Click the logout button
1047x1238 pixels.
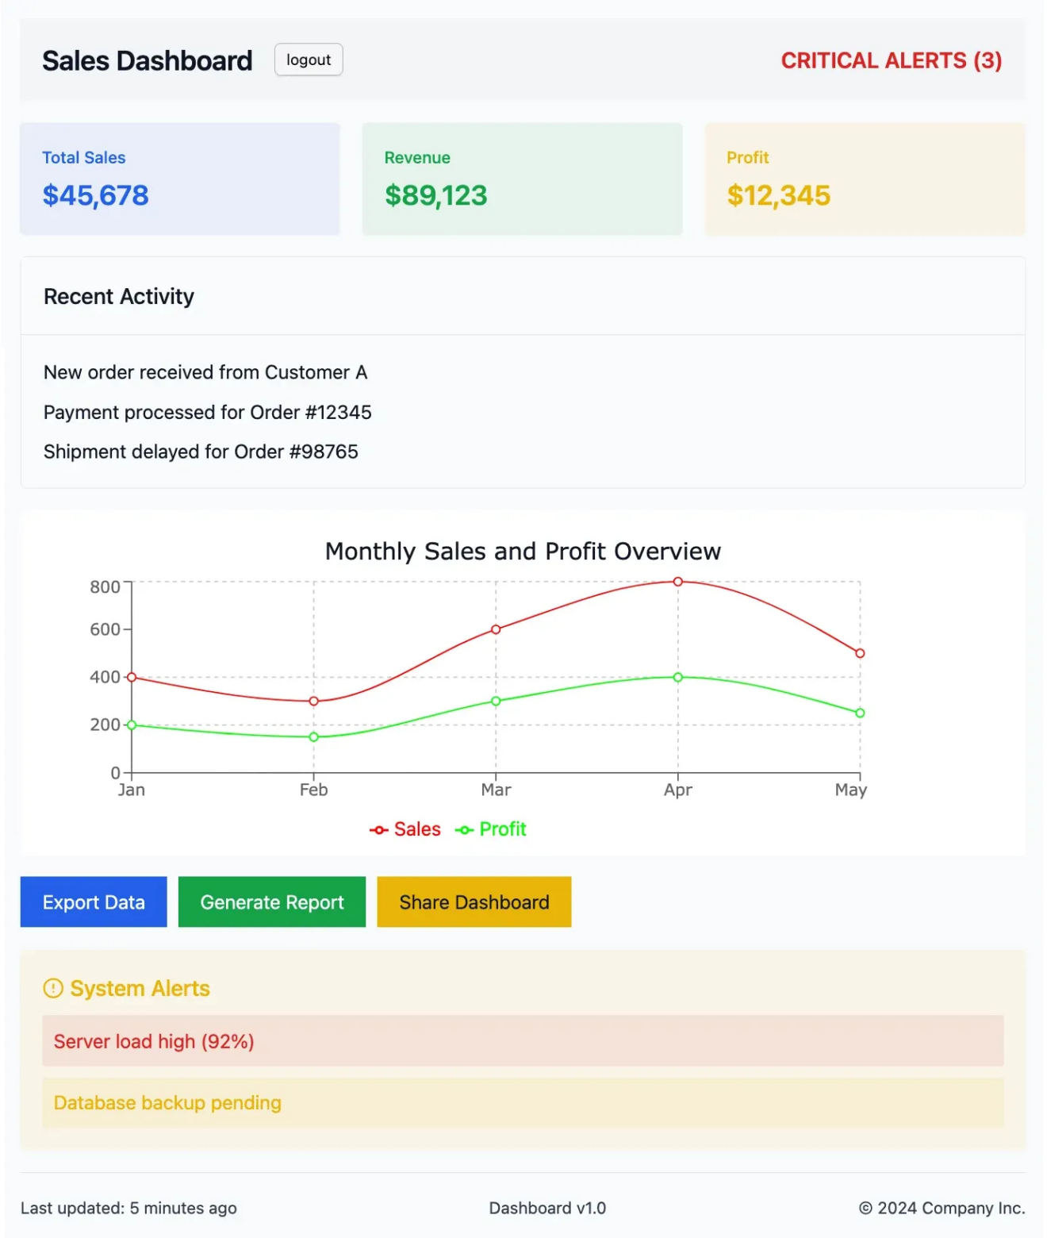coord(309,60)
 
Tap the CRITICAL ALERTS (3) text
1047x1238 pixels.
coord(891,61)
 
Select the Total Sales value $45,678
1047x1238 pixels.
coord(96,195)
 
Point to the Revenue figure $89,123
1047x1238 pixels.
coord(436,195)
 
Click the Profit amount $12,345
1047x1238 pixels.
coord(779,195)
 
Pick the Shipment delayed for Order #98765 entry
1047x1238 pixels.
coord(201,452)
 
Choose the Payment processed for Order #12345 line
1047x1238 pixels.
coord(208,413)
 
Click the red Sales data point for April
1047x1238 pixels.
coord(678,582)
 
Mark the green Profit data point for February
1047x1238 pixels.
coord(314,737)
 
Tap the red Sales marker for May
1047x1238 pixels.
coord(860,653)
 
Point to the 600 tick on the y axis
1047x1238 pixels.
coord(105,629)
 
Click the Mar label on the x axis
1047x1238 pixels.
coord(496,790)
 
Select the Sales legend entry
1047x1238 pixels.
coord(405,829)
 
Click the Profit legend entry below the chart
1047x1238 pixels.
coord(491,829)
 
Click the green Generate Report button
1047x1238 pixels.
coord(272,902)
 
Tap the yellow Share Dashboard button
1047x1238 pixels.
coord(474,902)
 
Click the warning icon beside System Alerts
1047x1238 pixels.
coord(53,989)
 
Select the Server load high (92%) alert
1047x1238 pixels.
coord(154,1041)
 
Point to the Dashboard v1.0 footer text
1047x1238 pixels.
coord(547,1208)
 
